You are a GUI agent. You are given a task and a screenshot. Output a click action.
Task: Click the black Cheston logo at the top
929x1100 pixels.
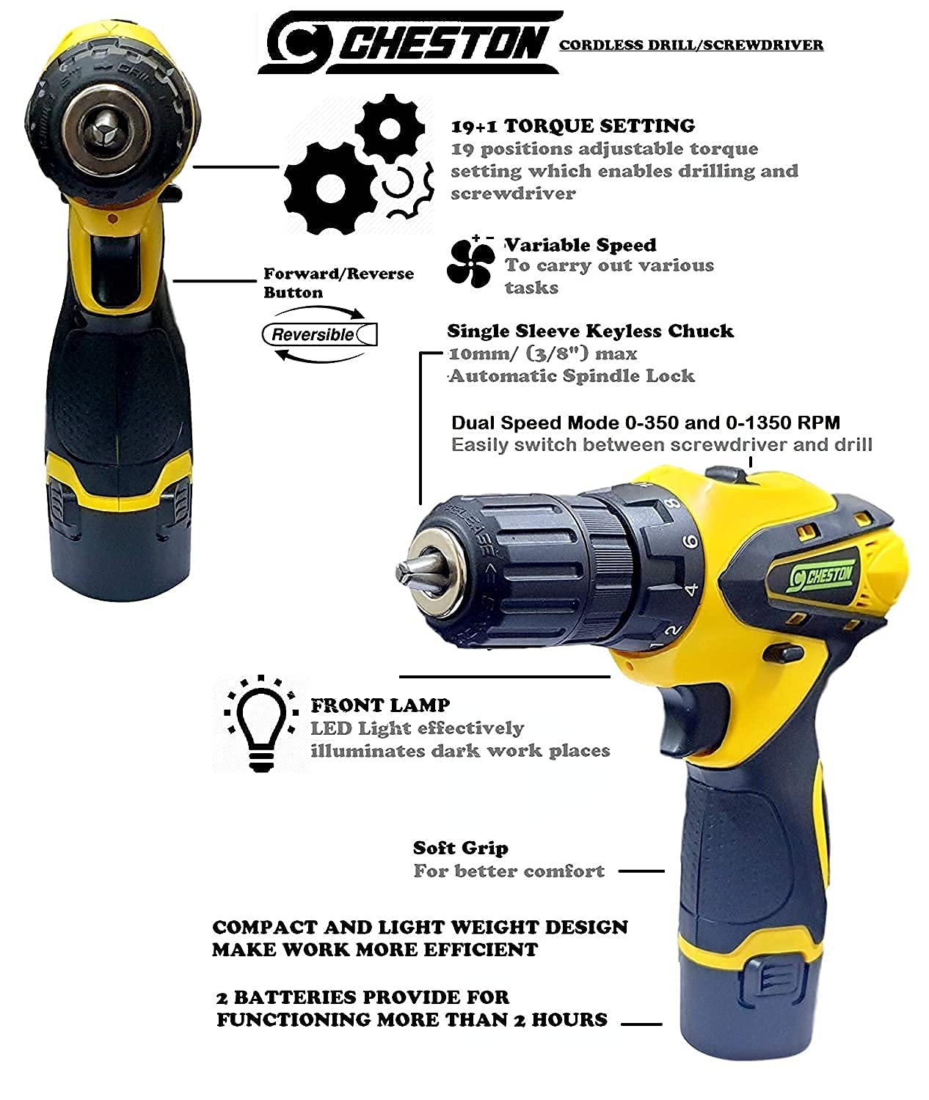pos(409,42)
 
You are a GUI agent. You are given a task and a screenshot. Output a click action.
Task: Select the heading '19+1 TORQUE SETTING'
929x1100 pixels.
pos(573,126)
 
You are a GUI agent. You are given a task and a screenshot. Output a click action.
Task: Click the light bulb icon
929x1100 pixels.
pos(261,724)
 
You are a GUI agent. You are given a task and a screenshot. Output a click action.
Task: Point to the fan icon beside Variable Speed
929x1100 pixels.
pos(470,263)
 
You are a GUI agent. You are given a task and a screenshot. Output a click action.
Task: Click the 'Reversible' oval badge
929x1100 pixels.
pos(319,334)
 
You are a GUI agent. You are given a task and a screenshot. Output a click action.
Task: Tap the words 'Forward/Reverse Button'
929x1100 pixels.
pos(338,283)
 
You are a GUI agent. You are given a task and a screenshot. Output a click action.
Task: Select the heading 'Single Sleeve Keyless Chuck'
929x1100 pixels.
pos(590,331)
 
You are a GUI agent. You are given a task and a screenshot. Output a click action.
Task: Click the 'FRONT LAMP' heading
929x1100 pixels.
pos(380,705)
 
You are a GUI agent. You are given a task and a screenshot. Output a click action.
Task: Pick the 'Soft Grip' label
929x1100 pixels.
pos(460,848)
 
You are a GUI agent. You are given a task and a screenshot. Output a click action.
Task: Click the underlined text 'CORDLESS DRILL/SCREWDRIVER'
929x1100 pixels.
pos(691,45)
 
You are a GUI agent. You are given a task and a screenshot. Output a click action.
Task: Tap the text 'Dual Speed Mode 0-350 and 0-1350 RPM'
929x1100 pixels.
pos(645,423)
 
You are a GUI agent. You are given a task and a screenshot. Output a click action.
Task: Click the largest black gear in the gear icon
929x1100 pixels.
pos(331,188)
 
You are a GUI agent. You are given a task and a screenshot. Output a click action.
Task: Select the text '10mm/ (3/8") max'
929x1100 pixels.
pos(543,353)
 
